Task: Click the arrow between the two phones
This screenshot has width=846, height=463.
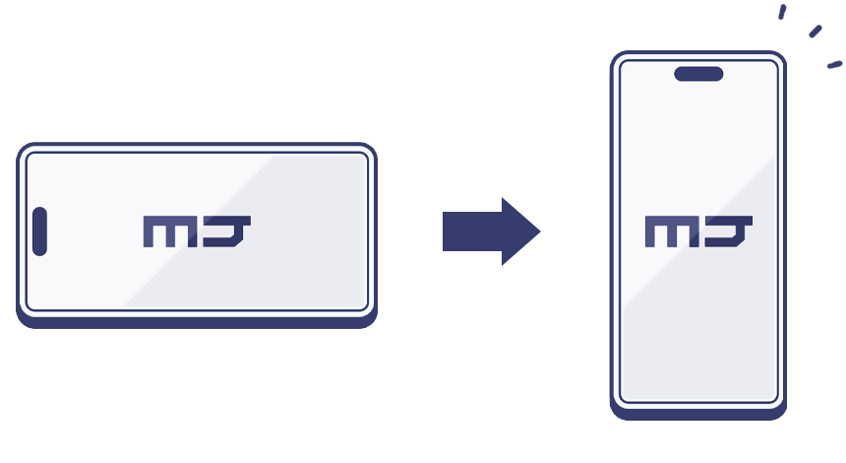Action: (491, 231)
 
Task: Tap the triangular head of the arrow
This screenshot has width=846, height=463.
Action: (519, 231)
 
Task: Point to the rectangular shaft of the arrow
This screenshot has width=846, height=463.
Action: (472, 231)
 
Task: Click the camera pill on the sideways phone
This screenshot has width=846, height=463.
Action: (39, 231)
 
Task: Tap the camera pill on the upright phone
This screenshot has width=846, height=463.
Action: (698, 74)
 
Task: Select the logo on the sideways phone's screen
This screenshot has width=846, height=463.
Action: (197, 231)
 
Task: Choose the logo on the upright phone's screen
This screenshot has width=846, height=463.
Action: (698, 231)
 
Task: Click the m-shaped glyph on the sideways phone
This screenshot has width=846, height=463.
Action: (170, 231)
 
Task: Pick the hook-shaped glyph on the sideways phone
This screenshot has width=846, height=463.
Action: (227, 231)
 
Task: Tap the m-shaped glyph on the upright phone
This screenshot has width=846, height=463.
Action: (672, 231)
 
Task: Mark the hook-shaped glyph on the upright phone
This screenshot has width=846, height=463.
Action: (729, 231)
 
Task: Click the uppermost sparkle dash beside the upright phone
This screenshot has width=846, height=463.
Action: (782, 12)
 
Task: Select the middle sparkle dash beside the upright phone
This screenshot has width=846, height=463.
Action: (816, 32)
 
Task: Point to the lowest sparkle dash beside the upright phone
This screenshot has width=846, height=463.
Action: (834, 65)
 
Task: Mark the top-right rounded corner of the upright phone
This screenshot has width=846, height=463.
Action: (778, 58)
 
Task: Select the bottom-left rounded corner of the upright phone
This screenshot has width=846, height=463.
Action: (618, 412)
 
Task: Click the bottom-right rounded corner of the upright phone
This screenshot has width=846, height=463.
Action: (779, 412)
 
